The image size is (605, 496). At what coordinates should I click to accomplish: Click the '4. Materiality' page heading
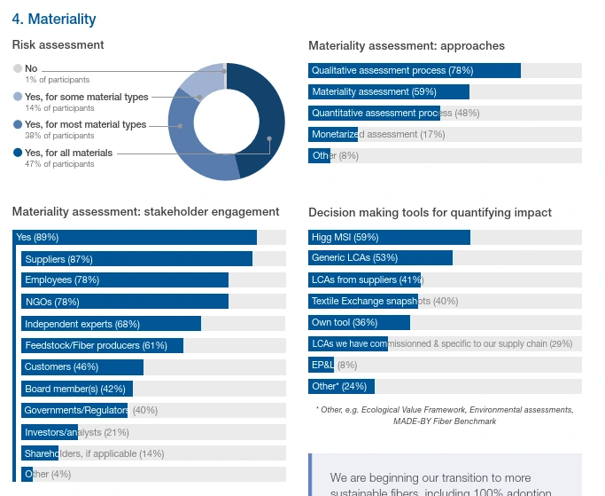(54, 19)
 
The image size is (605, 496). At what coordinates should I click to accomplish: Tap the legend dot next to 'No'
(18, 68)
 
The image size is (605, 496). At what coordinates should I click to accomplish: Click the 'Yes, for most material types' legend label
(85, 125)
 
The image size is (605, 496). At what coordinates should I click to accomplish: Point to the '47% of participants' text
(59, 164)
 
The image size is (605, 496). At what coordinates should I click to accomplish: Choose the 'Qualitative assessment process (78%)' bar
(414, 70)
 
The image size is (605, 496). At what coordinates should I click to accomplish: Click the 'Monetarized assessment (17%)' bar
(333, 134)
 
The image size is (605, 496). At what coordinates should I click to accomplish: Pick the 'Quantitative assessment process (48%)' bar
(374, 113)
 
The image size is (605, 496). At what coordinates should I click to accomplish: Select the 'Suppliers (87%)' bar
(137, 259)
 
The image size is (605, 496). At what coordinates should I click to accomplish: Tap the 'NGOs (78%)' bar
(125, 302)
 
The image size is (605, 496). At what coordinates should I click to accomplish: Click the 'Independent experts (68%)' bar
(112, 324)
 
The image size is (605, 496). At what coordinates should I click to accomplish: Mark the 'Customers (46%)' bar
(82, 366)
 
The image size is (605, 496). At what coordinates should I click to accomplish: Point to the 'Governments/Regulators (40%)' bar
(75, 410)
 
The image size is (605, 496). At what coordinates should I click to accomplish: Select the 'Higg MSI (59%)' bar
(389, 237)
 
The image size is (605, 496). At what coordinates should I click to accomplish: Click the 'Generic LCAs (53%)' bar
(380, 258)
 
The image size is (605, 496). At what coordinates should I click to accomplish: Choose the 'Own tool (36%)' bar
(359, 322)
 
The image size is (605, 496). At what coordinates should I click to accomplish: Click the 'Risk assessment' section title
(58, 44)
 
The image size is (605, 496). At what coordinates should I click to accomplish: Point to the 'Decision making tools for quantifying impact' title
(430, 212)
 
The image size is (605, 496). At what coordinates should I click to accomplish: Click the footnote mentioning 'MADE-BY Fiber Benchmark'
(445, 415)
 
